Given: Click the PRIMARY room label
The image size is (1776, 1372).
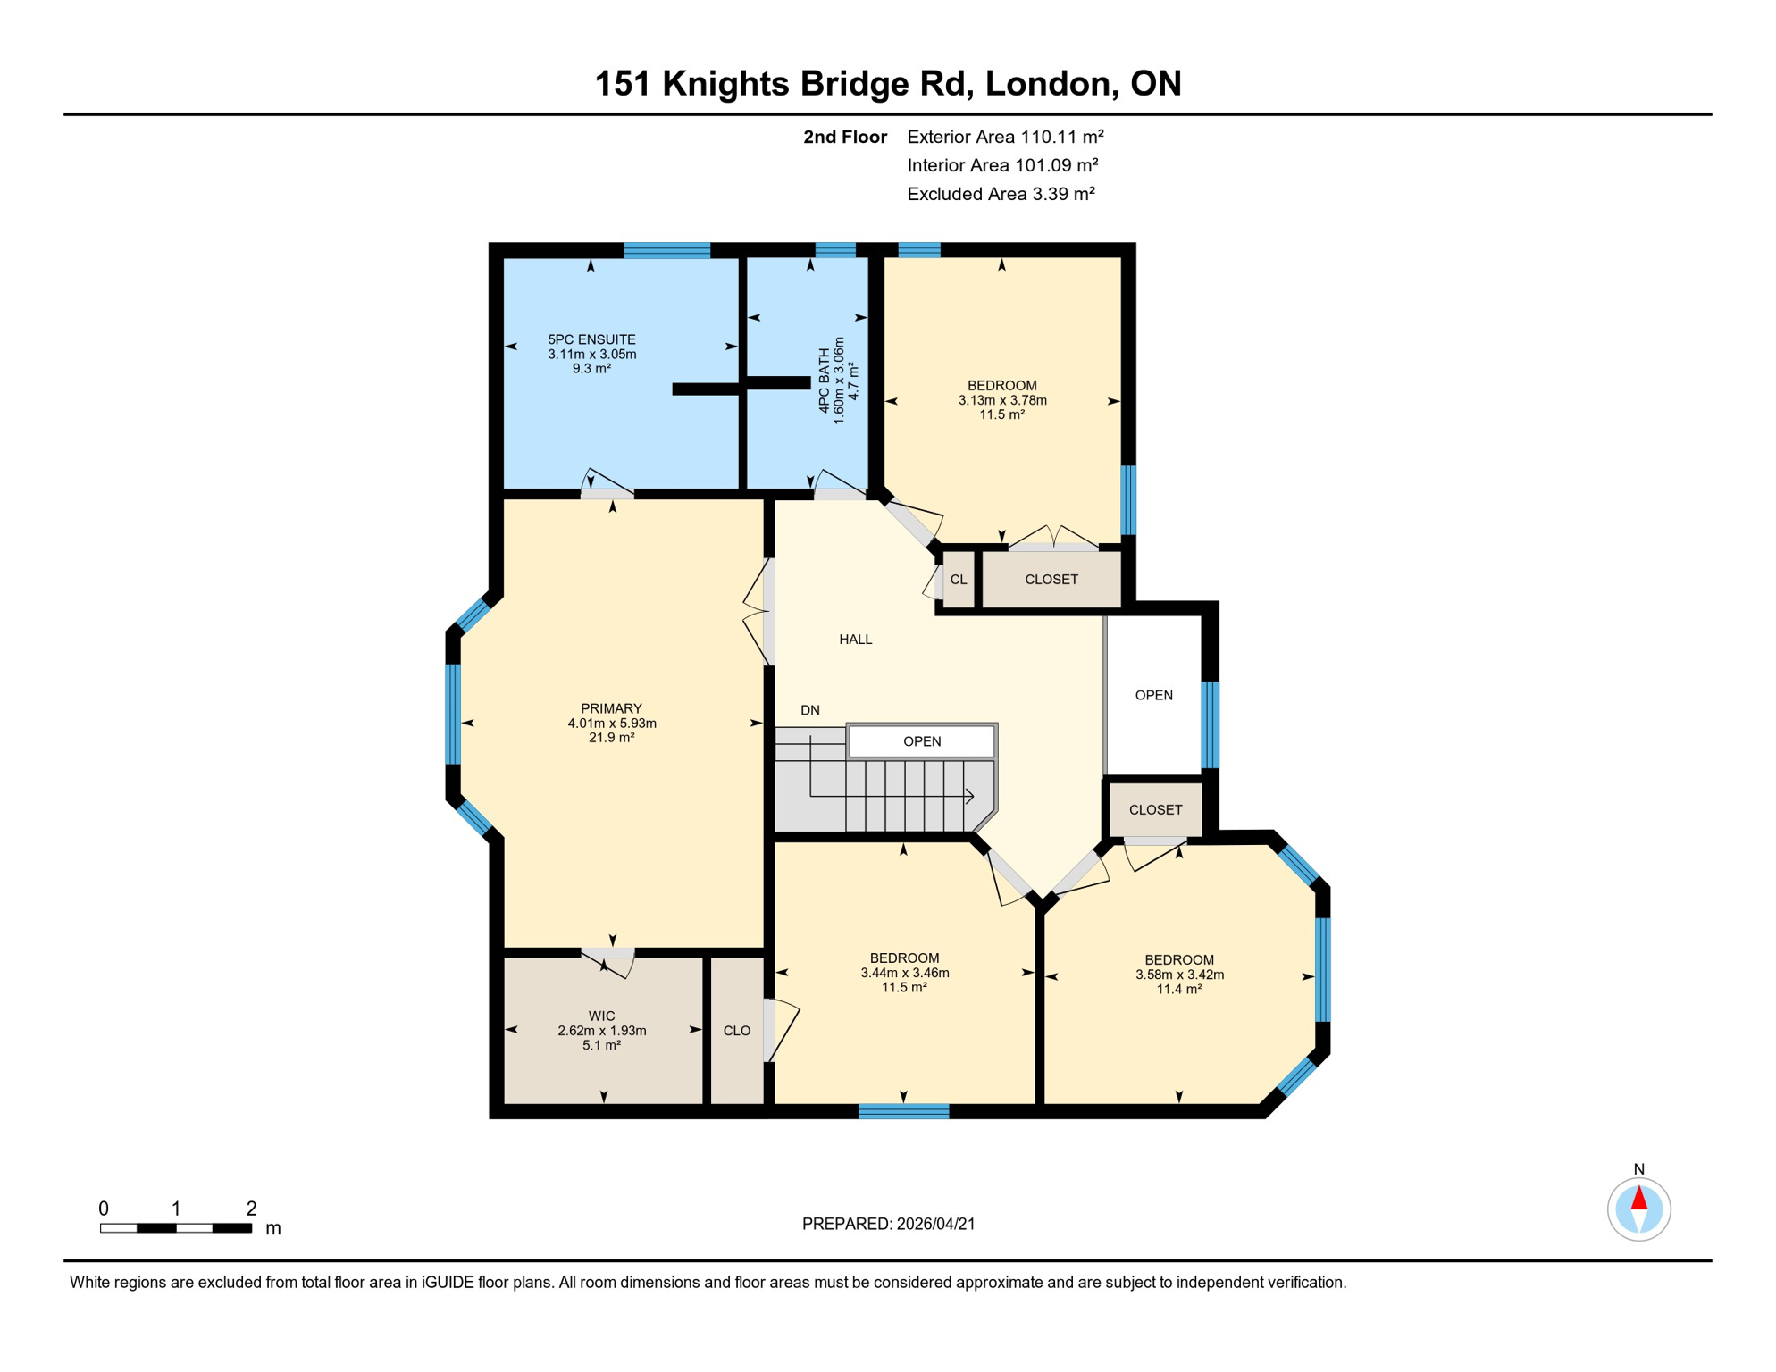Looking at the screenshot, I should pos(611,708).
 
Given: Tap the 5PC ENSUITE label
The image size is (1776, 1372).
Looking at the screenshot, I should pos(591,339).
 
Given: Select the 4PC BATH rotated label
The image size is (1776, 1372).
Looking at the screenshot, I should pos(824,381).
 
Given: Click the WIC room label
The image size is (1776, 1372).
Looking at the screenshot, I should pos(601,1016).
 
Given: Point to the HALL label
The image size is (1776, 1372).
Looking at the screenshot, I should pos(855,640).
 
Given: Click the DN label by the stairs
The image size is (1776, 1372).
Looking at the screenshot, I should pos(809,710).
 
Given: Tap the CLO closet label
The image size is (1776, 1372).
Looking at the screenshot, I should pos(736,1031).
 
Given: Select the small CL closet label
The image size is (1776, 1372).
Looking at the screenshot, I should pos(958,580).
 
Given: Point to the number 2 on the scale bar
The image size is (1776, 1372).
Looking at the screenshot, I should pos(251,1209).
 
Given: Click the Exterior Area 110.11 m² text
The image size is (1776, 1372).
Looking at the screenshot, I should pos(1005,137).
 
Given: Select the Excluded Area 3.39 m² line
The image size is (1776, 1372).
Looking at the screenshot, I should pos(1001,194).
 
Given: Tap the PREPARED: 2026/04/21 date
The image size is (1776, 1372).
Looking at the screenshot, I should pos(888,1224).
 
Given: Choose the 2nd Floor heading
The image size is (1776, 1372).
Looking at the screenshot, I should pos(844,137).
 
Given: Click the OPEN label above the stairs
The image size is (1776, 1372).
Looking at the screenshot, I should pos(921,741).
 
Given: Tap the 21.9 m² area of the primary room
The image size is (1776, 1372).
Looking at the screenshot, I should pos(611,738).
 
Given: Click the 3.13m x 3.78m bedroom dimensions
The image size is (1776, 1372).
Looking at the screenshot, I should pos(1001,400).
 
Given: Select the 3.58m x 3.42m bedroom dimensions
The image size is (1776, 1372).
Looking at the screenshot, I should pos(1178,975).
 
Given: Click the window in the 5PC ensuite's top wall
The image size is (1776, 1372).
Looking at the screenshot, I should pos(666,250).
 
